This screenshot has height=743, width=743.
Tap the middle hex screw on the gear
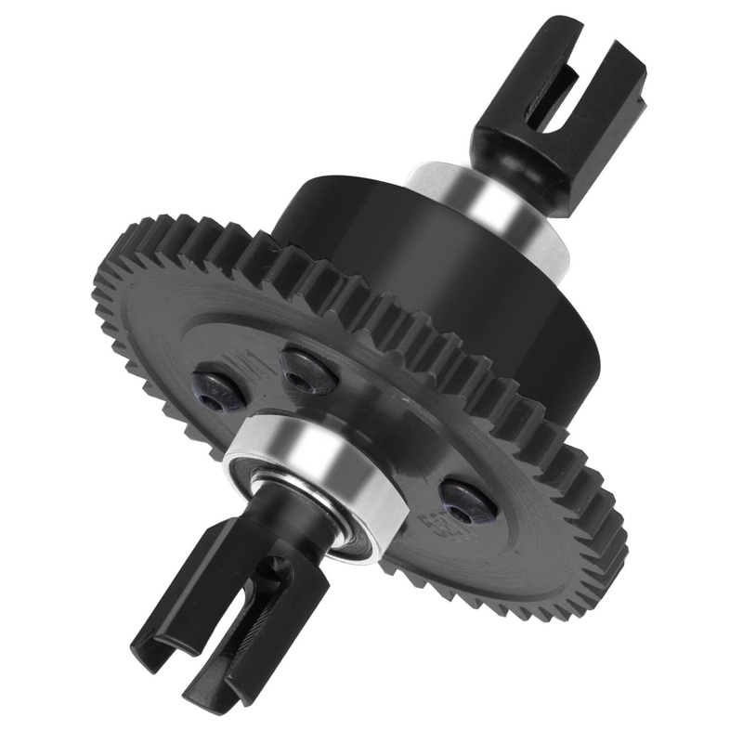coord(309,371)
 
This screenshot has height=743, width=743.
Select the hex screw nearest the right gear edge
coord(468,502)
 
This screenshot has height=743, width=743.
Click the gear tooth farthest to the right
coord(620,539)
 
